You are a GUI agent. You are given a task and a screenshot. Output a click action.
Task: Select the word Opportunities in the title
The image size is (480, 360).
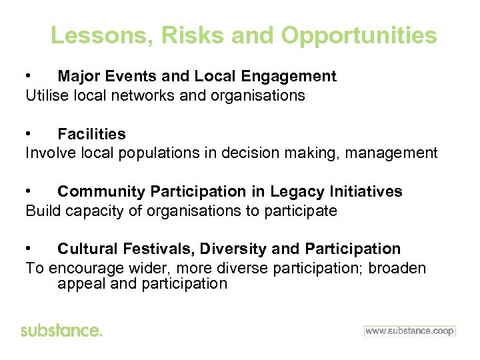click(x=359, y=35)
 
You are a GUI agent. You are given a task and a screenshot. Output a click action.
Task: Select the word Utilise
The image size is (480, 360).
click(x=45, y=95)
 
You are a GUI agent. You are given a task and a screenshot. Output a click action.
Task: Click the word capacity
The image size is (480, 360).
click(x=92, y=211)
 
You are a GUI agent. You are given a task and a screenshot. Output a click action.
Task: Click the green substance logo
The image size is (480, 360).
click(x=61, y=331)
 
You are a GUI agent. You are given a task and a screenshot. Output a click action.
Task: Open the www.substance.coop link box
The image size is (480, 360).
click(x=409, y=331)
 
